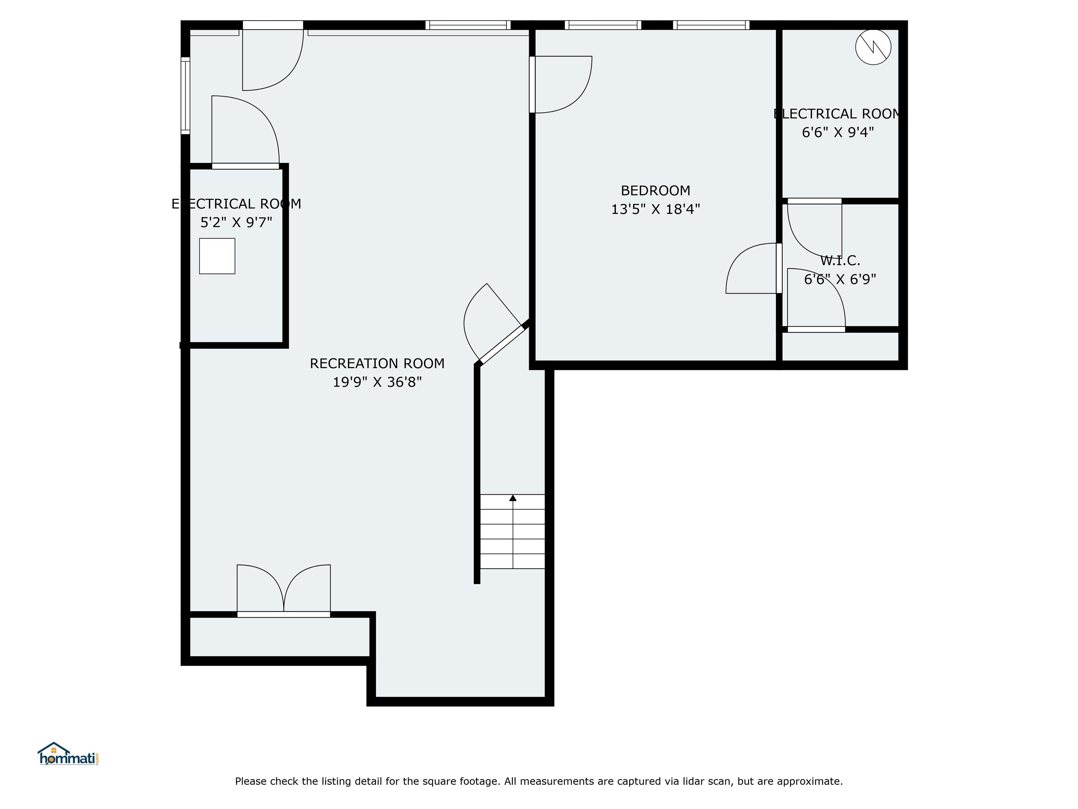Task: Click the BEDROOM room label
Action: pyautogui.click(x=655, y=190)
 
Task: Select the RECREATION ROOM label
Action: pyautogui.click(x=377, y=363)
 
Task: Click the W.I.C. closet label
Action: pyautogui.click(x=840, y=261)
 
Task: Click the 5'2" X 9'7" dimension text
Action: pyautogui.click(x=236, y=222)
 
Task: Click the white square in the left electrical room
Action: pyautogui.click(x=217, y=256)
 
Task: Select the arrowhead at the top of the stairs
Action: pyautogui.click(x=513, y=498)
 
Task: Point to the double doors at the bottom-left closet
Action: pyautogui.click(x=284, y=591)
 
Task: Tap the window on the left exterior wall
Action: pyautogui.click(x=185, y=95)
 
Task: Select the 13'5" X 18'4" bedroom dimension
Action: pyautogui.click(x=655, y=209)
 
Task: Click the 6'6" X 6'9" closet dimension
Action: pyautogui.click(x=840, y=279)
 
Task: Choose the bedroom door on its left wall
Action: pyautogui.click(x=560, y=84)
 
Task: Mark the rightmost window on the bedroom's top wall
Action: pyautogui.click(x=711, y=25)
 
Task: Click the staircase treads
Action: pyautogui.click(x=513, y=532)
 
